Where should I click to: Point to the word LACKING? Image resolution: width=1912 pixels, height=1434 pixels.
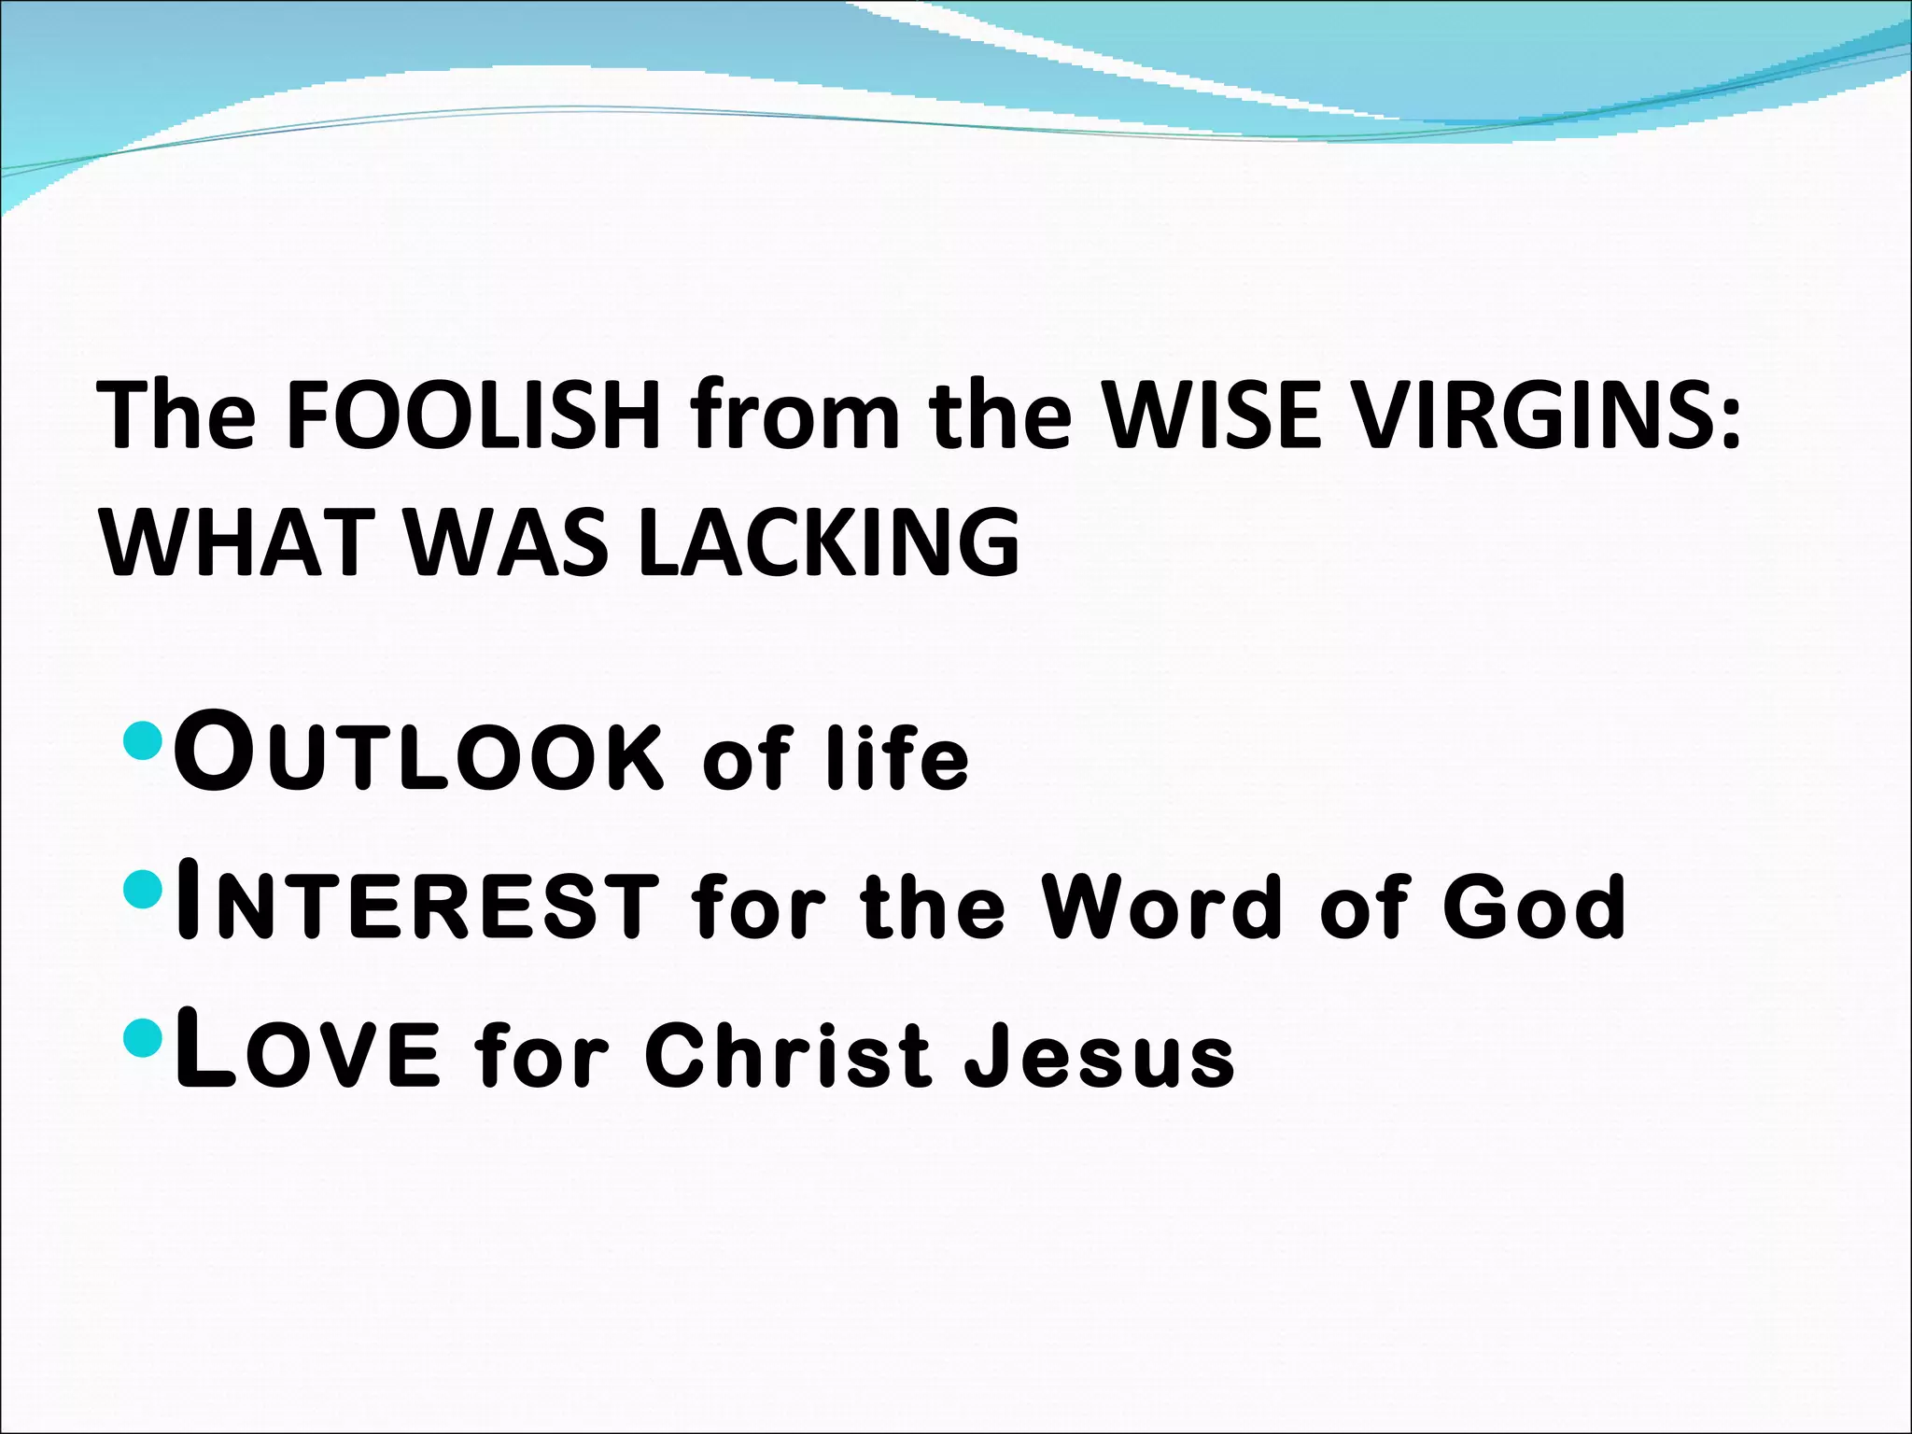[x=830, y=542]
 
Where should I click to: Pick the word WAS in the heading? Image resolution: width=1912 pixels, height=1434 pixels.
[x=509, y=542]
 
